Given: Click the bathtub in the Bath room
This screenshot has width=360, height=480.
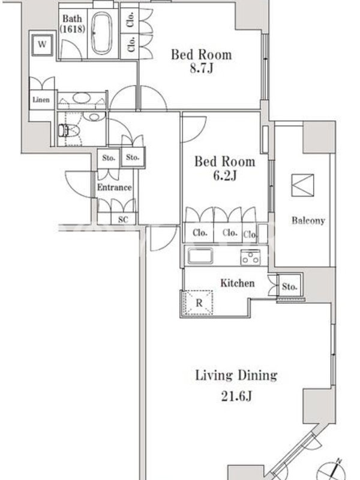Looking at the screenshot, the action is tap(101, 33).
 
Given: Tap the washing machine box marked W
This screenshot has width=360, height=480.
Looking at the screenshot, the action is tap(42, 44).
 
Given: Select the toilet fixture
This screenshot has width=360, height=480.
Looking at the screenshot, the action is tap(69, 130).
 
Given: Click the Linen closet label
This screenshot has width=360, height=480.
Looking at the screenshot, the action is tap(41, 100).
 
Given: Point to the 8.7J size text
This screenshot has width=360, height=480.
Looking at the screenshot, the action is tap(202, 68).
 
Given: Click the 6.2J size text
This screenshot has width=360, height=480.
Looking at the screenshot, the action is tap(224, 176).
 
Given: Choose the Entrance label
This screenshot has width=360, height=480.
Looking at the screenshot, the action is tap(115, 187).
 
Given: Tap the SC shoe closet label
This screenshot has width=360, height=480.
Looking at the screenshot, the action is tap(123, 220).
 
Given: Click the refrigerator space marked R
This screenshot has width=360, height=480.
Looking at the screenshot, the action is tap(199, 303).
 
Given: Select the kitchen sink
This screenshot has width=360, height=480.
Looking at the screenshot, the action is tap(200, 256).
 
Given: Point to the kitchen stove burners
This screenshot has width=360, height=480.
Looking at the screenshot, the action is tap(250, 257).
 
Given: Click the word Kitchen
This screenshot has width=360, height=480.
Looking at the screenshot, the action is tap(238, 283).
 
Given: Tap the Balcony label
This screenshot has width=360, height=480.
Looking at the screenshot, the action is tap(308, 220).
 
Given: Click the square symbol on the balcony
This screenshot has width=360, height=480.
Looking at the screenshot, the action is tap(302, 185).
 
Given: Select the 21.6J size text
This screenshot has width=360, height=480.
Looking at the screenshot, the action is tap(236, 396).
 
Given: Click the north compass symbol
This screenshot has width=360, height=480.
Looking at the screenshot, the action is tap(330, 472).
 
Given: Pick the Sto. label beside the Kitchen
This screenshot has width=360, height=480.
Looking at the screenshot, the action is tap(290, 287).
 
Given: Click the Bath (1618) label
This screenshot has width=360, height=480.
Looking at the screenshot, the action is tap(72, 23).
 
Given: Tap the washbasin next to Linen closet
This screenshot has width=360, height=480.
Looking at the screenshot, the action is tap(82, 98).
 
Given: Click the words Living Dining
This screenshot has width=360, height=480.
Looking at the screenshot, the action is tap(236, 376).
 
